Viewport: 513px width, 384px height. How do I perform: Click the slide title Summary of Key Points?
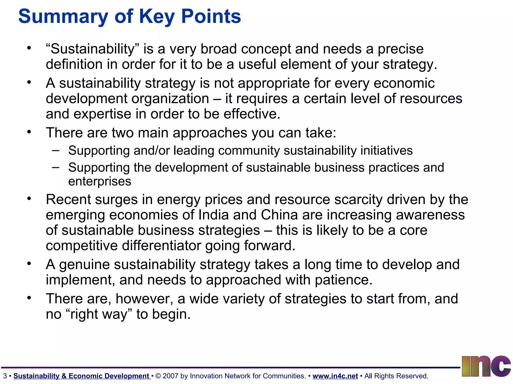[x=130, y=16]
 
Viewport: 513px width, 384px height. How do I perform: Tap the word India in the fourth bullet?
[x=213, y=215]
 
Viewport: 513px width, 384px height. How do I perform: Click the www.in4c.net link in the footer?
[x=335, y=376]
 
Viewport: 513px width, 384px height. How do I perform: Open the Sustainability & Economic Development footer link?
[x=82, y=376]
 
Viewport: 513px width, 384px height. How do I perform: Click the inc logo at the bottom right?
[x=486, y=366]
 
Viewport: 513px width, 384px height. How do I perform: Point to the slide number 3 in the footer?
[x=5, y=376]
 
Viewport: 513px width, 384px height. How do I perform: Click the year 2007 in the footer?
[x=170, y=376]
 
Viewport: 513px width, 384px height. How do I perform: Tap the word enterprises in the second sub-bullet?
[x=100, y=181]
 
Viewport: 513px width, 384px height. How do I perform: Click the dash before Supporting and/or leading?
[x=56, y=150]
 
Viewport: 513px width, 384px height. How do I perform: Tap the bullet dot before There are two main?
[x=29, y=131]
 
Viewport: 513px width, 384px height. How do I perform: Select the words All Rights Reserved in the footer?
[x=396, y=376]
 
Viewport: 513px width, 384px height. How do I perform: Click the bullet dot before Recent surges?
[x=29, y=198]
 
